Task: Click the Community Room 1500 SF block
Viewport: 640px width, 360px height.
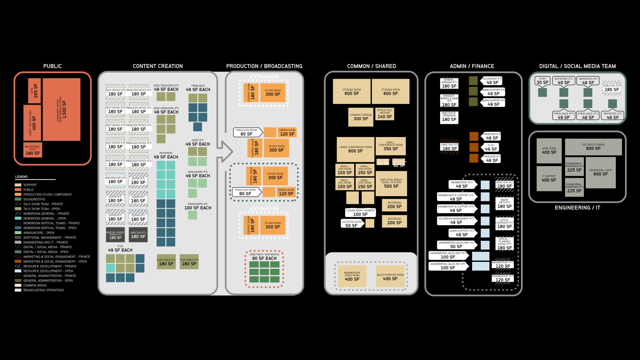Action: (62, 109)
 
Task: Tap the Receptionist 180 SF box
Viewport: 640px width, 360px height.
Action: (33, 150)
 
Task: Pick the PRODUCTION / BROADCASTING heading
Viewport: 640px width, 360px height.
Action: (264, 66)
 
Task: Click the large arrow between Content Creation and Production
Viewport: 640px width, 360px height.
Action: (225, 152)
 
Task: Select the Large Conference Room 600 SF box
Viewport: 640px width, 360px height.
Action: (355, 149)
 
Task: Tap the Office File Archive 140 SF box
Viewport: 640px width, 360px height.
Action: (385, 114)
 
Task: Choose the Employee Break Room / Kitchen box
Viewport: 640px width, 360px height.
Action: (391, 183)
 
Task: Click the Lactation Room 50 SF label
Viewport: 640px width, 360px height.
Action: (351, 224)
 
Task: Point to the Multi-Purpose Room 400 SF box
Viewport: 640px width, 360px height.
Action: (390, 277)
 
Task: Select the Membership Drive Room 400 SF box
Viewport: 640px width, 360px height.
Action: (352, 277)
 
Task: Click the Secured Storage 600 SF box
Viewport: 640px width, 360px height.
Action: (593, 147)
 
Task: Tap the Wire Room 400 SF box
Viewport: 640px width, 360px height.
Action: (549, 151)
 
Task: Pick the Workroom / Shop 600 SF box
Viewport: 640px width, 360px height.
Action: (600, 172)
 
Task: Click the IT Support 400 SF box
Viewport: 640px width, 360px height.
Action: (549, 178)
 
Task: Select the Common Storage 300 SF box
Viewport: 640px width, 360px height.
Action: (361, 117)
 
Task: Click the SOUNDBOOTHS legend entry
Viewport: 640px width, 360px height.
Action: (34, 199)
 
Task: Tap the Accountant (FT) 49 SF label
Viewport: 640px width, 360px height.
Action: (492, 81)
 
